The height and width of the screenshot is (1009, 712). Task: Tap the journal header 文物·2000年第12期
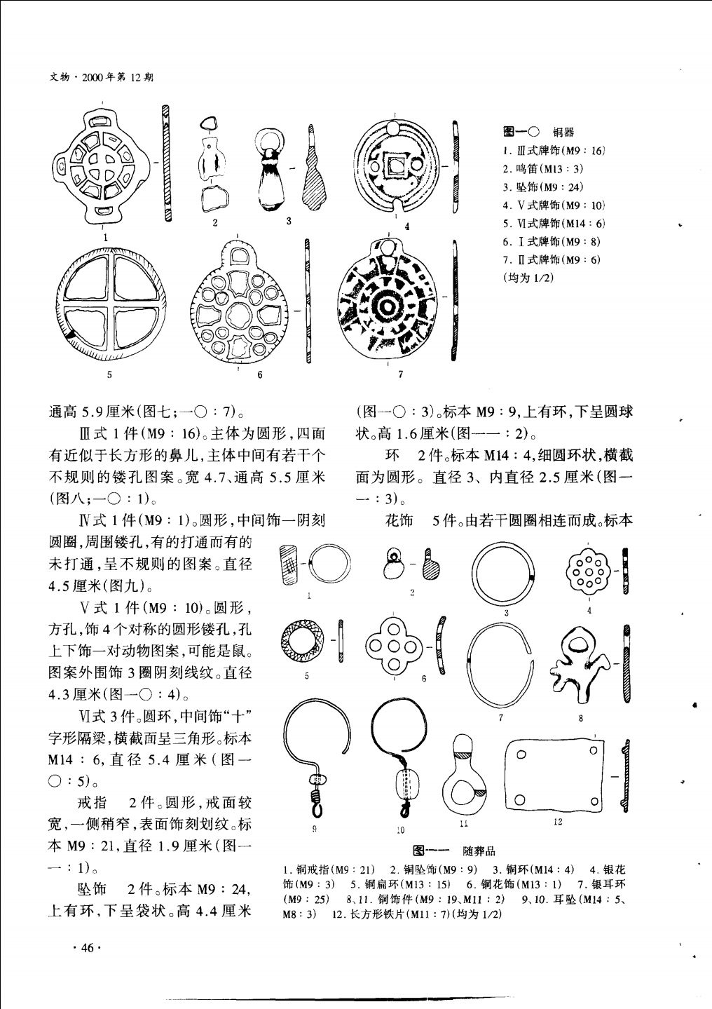(x=102, y=78)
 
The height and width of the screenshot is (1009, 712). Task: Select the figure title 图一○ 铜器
(x=538, y=132)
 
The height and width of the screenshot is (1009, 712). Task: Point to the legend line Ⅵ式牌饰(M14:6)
(x=554, y=223)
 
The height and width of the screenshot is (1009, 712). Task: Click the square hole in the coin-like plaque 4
(x=395, y=166)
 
